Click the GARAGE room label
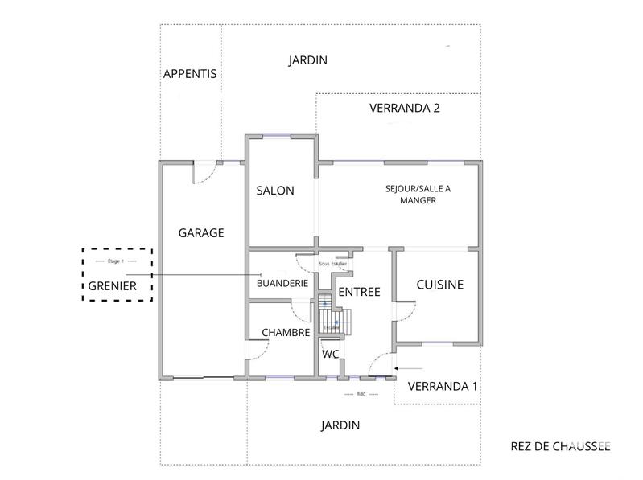pyautogui.click(x=200, y=232)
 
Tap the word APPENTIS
pyautogui.click(x=190, y=73)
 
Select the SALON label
pyautogui.click(x=275, y=191)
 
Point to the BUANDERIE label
pyautogui.click(x=282, y=283)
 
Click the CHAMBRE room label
pyautogui.click(x=286, y=332)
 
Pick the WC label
pyautogui.click(x=330, y=354)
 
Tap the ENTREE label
pyautogui.click(x=359, y=292)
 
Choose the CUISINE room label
pyautogui.click(x=439, y=285)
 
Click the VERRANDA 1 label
pyautogui.click(x=443, y=386)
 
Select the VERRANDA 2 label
pyautogui.click(x=404, y=108)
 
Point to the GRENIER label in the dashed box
pyautogui.click(x=112, y=285)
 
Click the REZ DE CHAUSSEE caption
pyautogui.click(x=560, y=446)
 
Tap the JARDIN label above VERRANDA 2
pyautogui.click(x=307, y=59)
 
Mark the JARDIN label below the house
pyautogui.click(x=340, y=425)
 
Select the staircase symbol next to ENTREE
pyautogui.click(x=330, y=316)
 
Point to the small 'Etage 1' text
pyautogui.click(x=116, y=262)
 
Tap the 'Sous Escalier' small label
pyautogui.click(x=332, y=263)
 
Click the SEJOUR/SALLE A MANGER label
pyautogui.click(x=418, y=195)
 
